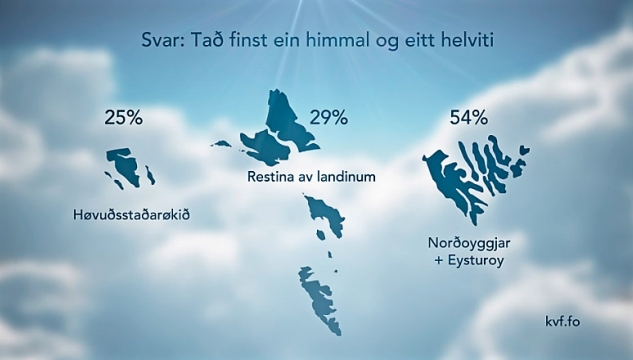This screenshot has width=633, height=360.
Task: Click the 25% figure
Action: [x=123, y=117]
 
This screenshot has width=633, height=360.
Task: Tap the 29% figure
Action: [x=328, y=117]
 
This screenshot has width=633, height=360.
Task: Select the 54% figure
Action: [x=468, y=119]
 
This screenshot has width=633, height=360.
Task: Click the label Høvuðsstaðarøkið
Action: [x=131, y=214]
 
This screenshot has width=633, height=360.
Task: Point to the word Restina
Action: [x=269, y=177]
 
